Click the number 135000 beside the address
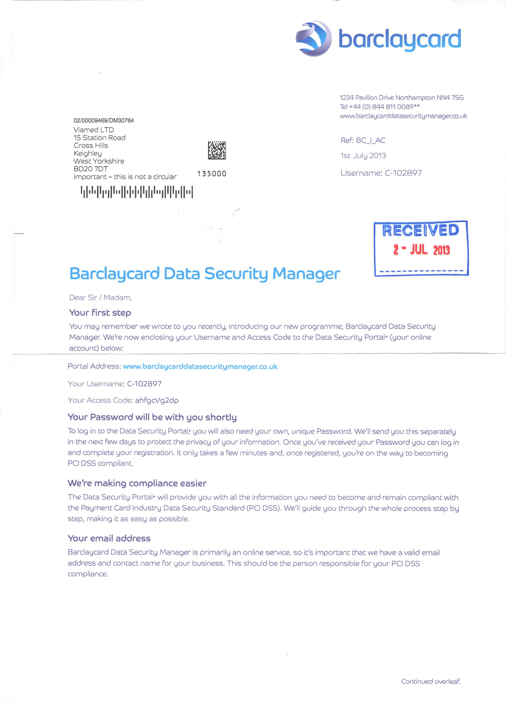point(212,174)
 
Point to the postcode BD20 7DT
point(91,169)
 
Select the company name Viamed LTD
point(94,130)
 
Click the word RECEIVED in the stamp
point(421,231)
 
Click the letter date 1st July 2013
point(363,156)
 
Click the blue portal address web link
point(200,367)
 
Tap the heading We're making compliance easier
point(137,483)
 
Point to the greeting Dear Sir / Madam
point(101,297)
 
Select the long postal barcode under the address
point(137,192)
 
